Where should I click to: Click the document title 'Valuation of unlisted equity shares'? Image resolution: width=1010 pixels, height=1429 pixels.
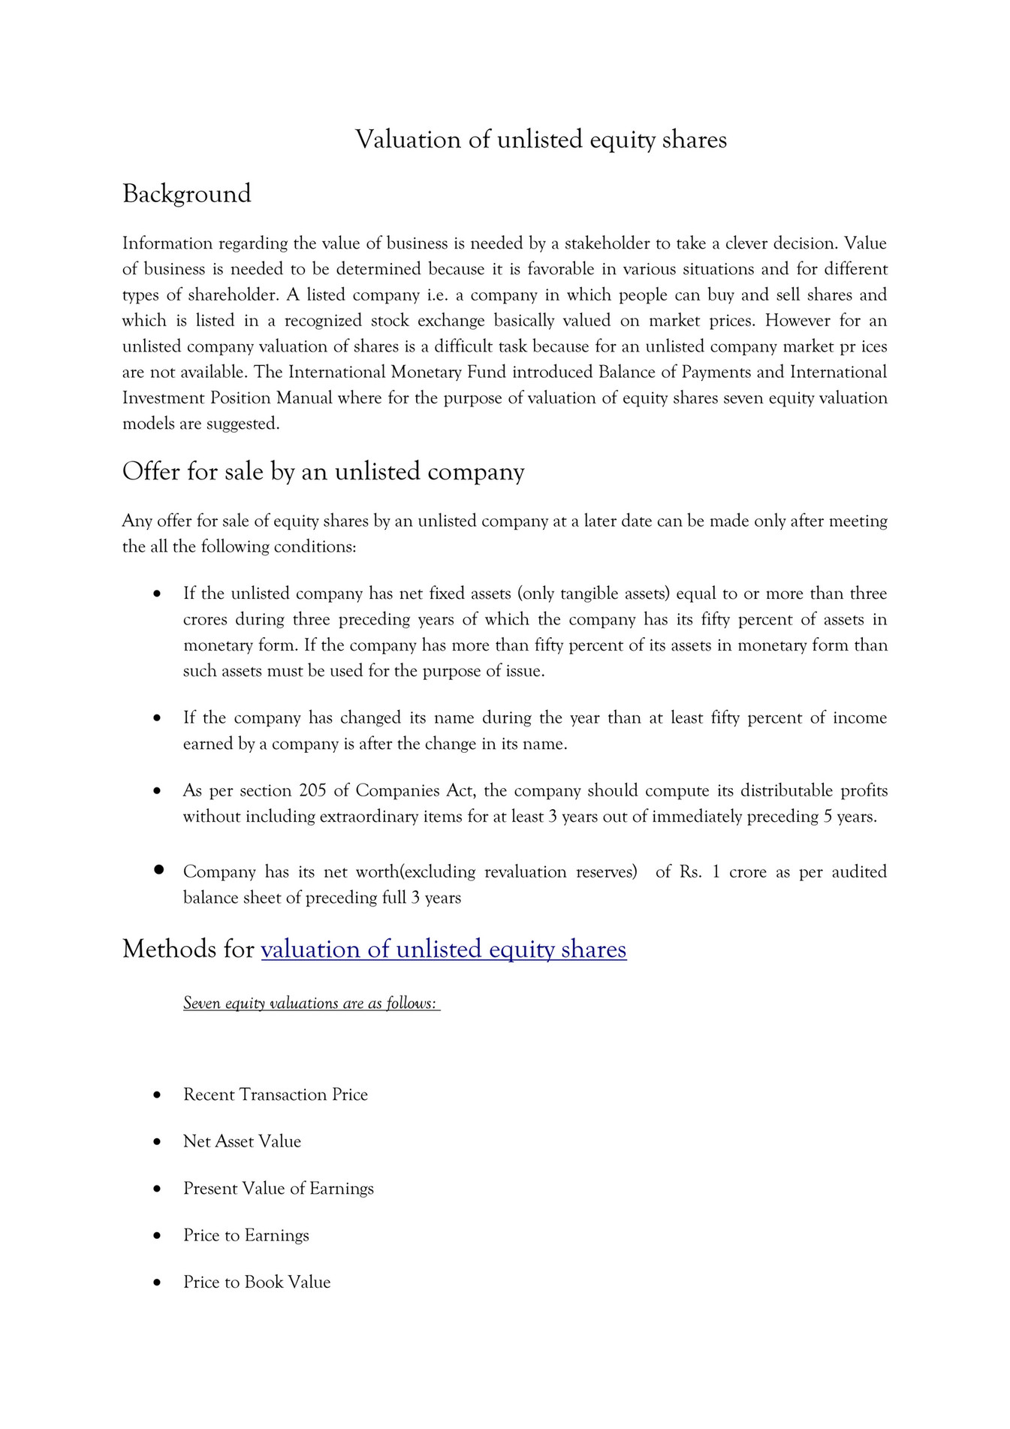click(x=541, y=140)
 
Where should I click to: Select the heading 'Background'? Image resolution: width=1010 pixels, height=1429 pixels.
click(x=186, y=194)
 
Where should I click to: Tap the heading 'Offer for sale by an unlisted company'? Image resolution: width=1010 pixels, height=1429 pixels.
click(x=323, y=472)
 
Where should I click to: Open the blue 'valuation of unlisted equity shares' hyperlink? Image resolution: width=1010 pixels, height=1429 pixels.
click(x=443, y=950)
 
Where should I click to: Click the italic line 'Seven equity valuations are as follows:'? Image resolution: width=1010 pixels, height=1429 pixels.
click(x=310, y=1004)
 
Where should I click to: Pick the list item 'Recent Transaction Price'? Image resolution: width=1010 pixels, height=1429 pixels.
click(x=276, y=1095)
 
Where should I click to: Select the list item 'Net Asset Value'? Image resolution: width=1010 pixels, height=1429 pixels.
click(x=242, y=1142)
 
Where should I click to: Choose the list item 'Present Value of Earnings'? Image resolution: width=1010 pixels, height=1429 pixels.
click(x=278, y=1189)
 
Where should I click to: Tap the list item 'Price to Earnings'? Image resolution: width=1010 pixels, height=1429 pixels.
click(x=246, y=1236)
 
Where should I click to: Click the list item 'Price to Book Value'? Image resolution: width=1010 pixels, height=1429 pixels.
click(x=257, y=1282)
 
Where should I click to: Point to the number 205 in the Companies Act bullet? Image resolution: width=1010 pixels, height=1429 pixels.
click(x=312, y=791)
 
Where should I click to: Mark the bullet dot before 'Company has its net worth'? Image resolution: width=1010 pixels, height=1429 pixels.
click(x=158, y=870)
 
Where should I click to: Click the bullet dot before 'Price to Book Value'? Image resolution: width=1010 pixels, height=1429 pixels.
click(x=157, y=1283)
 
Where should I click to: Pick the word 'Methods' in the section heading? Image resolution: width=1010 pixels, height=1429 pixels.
click(x=170, y=950)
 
